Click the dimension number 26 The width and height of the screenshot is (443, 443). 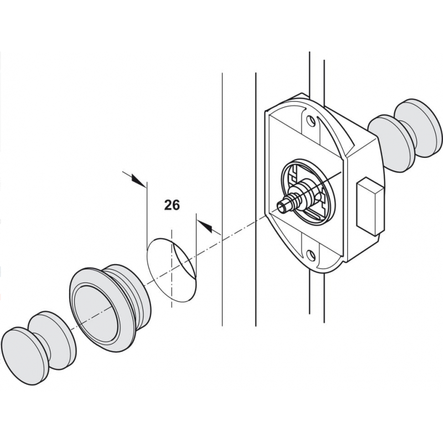point(172,205)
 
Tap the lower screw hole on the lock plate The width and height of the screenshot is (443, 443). point(310,256)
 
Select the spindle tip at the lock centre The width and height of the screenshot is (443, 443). point(282,208)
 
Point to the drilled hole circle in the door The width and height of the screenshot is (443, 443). point(171,269)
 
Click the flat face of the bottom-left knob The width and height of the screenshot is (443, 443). point(22,354)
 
